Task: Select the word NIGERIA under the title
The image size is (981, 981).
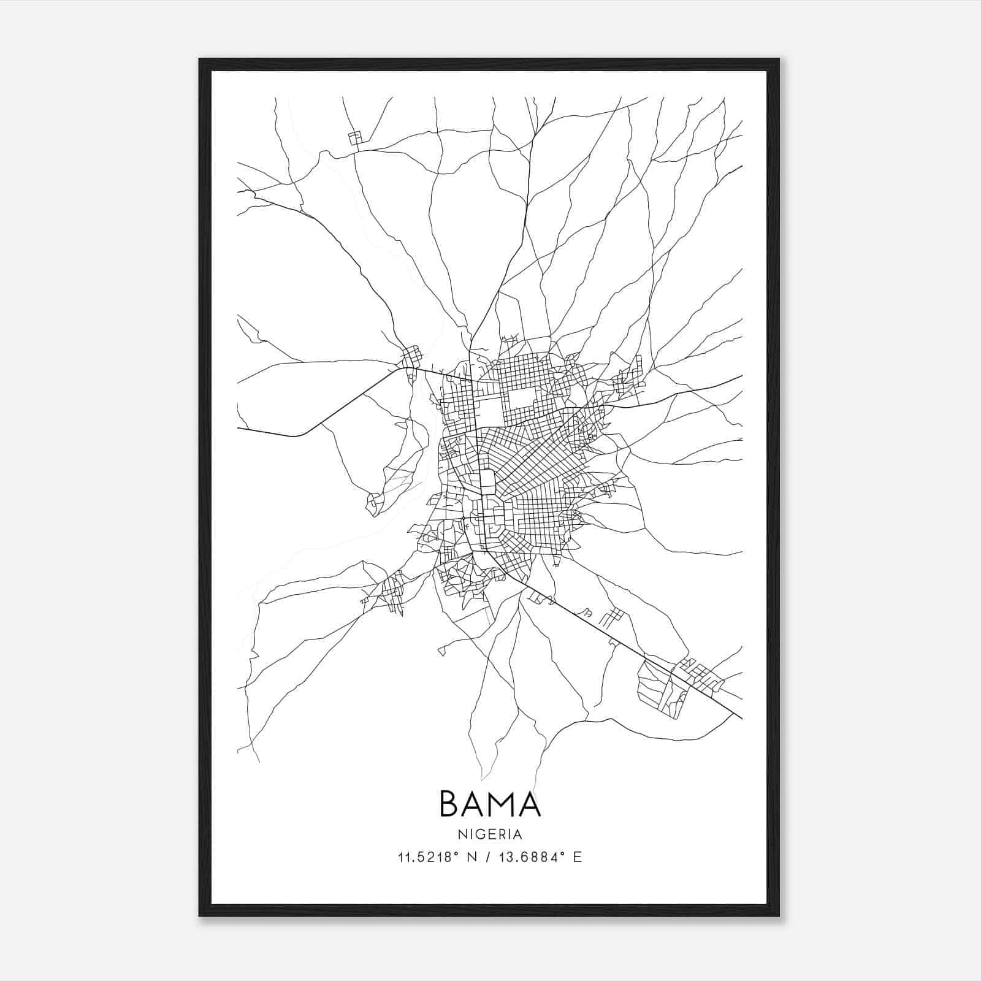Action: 490,834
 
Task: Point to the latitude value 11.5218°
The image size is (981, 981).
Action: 429,857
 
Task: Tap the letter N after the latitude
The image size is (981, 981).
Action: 472,857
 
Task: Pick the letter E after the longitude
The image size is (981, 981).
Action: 577,857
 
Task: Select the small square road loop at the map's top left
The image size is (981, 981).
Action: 355,138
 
